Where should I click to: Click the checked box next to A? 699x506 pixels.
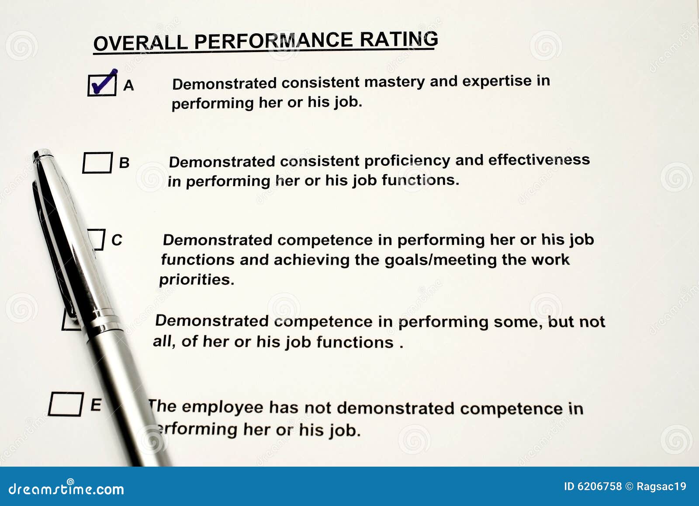(102, 85)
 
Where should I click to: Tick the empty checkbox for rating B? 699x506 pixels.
(97, 162)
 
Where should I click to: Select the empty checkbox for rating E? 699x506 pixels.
(66, 404)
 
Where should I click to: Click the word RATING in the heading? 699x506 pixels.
(399, 40)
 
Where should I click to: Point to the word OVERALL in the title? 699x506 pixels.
(140, 43)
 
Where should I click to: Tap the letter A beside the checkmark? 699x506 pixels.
(128, 85)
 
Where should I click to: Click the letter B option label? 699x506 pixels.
(124, 163)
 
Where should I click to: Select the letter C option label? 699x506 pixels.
(117, 240)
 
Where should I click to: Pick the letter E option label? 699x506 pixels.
(96, 405)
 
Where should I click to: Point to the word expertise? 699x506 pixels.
(497, 81)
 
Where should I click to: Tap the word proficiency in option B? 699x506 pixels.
(407, 161)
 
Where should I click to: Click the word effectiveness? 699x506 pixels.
(539, 160)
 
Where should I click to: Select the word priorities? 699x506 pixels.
(197, 280)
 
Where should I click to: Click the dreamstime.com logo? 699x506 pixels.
(66, 488)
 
